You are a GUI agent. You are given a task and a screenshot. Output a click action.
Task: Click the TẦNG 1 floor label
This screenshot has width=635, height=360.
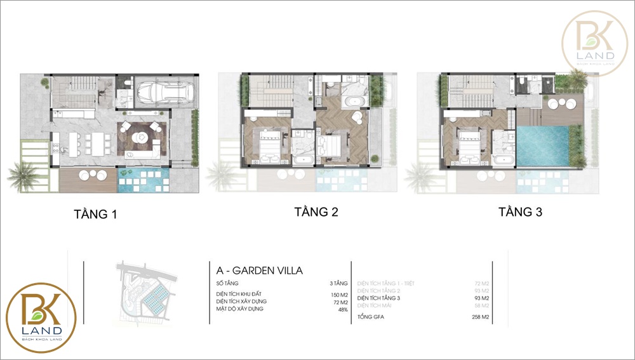95,215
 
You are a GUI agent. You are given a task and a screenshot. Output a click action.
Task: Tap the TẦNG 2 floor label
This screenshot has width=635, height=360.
316,212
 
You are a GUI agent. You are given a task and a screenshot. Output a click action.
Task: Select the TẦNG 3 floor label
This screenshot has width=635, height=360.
519,212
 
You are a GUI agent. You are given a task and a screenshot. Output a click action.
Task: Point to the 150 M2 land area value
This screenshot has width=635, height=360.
339,294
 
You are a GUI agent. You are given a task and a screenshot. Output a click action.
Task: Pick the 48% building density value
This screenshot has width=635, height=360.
344,309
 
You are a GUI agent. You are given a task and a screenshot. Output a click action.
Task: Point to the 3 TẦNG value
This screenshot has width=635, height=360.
338,283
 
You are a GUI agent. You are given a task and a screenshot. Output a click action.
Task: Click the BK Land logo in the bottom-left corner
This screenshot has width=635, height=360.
41,317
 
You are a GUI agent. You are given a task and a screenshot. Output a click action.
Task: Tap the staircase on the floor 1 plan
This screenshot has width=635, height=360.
76,91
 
